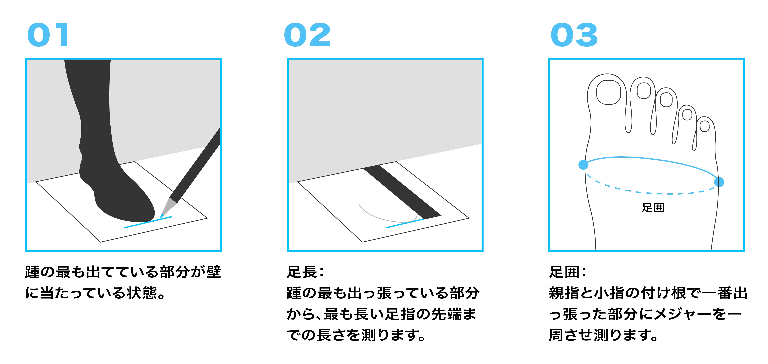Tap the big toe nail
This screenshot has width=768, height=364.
608,92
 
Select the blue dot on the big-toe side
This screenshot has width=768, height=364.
583,164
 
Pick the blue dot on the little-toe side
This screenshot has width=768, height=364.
719,182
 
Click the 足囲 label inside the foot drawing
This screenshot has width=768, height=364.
653,208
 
